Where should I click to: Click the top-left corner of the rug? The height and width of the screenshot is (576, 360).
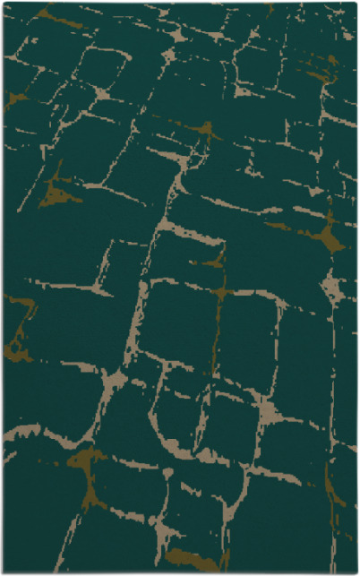coord(4,3)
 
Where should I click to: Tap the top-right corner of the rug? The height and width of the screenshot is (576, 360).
coord(356,3)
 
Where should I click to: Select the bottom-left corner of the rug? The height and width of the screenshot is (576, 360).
coord(4,572)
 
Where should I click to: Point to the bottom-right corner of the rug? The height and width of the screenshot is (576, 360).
coord(356,572)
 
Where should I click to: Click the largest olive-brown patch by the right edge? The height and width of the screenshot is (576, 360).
coord(332,236)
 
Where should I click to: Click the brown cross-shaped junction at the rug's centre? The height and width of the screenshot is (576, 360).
coord(219,292)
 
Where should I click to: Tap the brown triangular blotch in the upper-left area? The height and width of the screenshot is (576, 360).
coord(58,193)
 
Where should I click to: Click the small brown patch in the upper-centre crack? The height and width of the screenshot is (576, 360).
coord(207,132)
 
